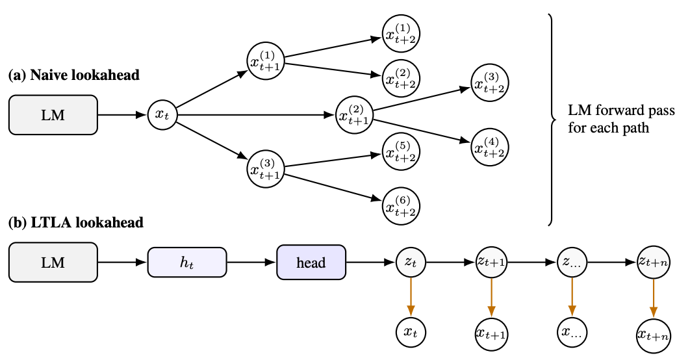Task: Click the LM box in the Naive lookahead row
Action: [x=53, y=115]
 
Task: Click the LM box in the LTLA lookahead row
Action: [x=53, y=263]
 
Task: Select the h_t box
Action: [x=186, y=263]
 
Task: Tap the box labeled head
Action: [x=311, y=263]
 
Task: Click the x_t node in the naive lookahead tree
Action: [x=162, y=115]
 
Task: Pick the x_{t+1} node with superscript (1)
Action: [x=265, y=62]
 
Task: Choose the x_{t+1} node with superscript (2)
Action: [x=353, y=116]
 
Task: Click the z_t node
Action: [x=411, y=263]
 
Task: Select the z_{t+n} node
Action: [x=653, y=263]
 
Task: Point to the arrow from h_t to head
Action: [x=251, y=263]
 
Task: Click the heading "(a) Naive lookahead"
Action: [x=73, y=75]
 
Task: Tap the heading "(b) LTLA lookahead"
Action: [x=75, y=223]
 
